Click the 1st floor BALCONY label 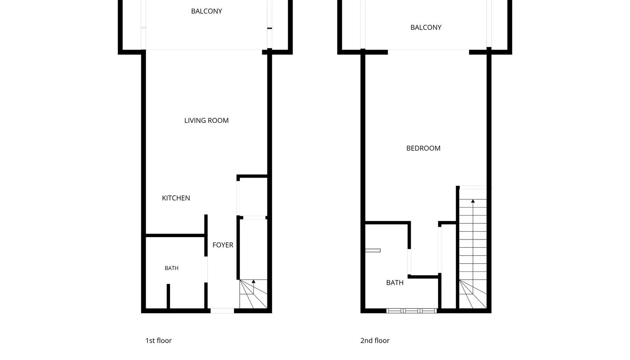(x=206, y=11)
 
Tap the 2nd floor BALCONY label (x=426, y=28)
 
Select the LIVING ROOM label (x=206, y=121)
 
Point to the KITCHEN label (x=176, y=198)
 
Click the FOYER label (x=223, y=245)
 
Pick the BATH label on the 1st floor (x=172, y=268)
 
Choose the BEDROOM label (x=423, y=148)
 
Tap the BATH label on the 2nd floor (x=395, y=283)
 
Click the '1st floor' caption (x=158, y=341)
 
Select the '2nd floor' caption (x=375, y=341)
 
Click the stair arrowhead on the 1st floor (x=254, y=281)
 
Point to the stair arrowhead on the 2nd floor (x=473, y=201)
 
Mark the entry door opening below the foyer (x=222, y=311)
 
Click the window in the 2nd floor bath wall (x=411, y=311)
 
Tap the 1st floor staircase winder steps (x=254, y=294)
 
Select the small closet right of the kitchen (x=252, y=197)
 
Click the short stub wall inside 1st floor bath (x=168, y=296)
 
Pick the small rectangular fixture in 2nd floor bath (x=373, y=251)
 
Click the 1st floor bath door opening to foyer (x=206, y=269)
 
